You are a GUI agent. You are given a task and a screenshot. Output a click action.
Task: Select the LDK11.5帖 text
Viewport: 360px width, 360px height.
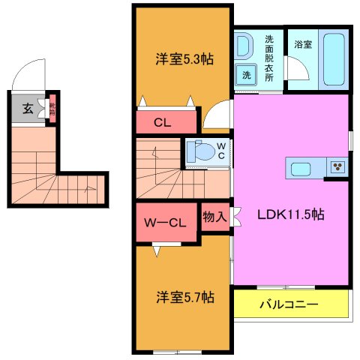coord(291,214)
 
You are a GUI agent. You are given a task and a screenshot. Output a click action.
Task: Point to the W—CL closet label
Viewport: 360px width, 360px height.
coord(165,222)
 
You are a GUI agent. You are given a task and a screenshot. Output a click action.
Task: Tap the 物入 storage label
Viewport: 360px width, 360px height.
coord(215,217)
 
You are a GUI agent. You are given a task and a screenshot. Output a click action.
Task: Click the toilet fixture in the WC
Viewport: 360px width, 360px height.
coord(200,151)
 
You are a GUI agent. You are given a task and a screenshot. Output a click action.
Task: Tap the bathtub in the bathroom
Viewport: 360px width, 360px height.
coord(334,59)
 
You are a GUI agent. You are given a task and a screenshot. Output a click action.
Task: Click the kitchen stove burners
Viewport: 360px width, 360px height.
coord(337,167)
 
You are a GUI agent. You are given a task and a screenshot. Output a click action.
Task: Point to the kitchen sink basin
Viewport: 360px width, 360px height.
coord(300,167)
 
